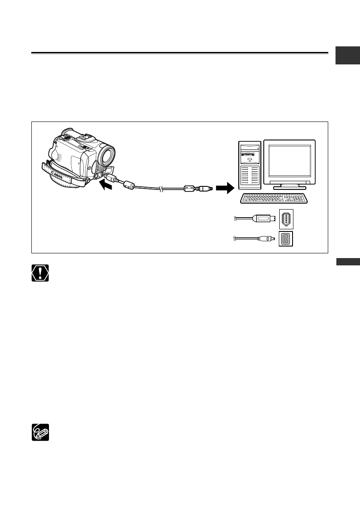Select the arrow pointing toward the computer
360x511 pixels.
coord(224,188)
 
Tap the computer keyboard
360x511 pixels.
coord(275,198)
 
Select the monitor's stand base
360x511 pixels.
coord(290,187)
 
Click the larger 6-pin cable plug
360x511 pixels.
coord(263,219)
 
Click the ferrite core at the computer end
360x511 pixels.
coord(189,188)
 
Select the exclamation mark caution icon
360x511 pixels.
coord(40,273)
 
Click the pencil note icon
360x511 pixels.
coord(40,432)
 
